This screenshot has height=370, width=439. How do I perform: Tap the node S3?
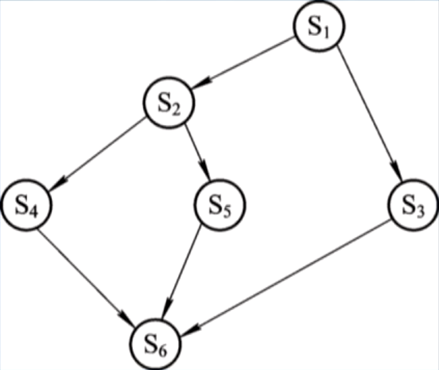pyautogui.click(x=414, y=205)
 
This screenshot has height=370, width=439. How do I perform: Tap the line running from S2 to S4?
pyautogui.click(x=103, y=153)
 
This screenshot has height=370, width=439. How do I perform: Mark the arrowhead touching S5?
pyautogui.click(x=205, y=171)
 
